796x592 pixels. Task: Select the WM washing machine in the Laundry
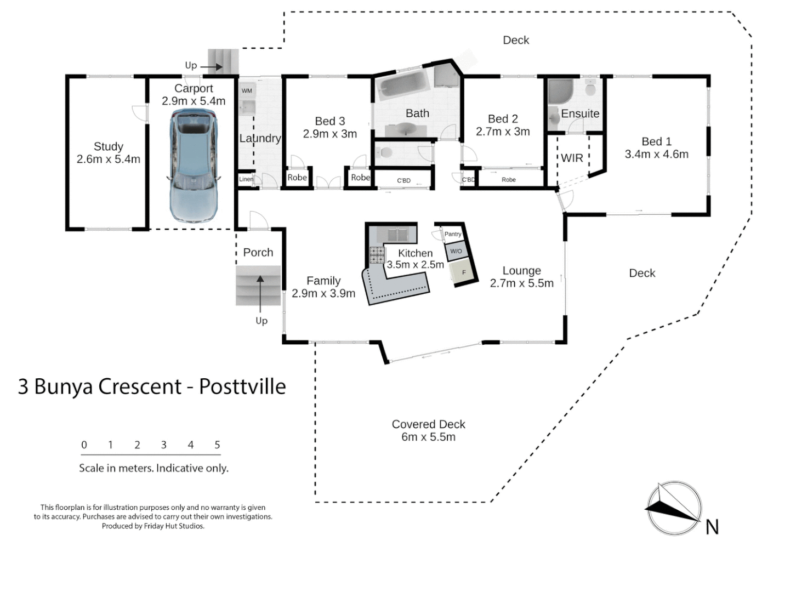(247, 90)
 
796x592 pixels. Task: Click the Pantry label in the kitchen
(453, 234)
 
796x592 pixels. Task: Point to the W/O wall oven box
(456, 251)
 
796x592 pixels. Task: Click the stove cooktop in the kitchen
(377, 255)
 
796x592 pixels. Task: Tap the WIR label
(572, 158)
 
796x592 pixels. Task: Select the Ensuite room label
(580, 113)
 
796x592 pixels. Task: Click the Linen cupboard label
(246, 179)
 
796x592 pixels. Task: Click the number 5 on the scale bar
(217, 445)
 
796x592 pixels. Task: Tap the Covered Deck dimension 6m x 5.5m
(428, 437)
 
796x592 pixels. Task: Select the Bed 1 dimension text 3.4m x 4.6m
(656, 154)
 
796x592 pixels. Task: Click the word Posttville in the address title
(242, 386)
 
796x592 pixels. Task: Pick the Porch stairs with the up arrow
(259, 286)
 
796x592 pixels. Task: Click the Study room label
(108, 146)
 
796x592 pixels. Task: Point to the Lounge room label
(521, 271)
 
